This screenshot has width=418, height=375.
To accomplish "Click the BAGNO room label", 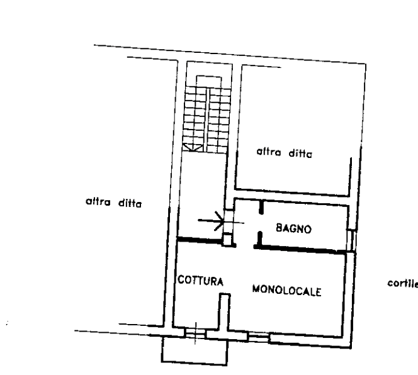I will click(x=293, y=229).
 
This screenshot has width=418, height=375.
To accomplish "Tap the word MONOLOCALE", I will click(x=287, y=291).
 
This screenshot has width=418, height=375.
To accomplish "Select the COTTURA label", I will click(x=200, y=281).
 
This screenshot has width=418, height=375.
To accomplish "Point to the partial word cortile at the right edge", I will click(x=402, y=283).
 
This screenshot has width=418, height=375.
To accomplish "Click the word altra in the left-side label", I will click(x=98, y=203).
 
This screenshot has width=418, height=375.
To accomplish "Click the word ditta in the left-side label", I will click(x=130, y=203).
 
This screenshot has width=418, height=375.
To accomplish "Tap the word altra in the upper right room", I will click(x=269, y=152).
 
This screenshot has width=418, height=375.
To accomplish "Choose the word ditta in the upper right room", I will click(x=300, y=153).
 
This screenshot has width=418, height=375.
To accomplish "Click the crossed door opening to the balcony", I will click(x=196, y=332).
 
